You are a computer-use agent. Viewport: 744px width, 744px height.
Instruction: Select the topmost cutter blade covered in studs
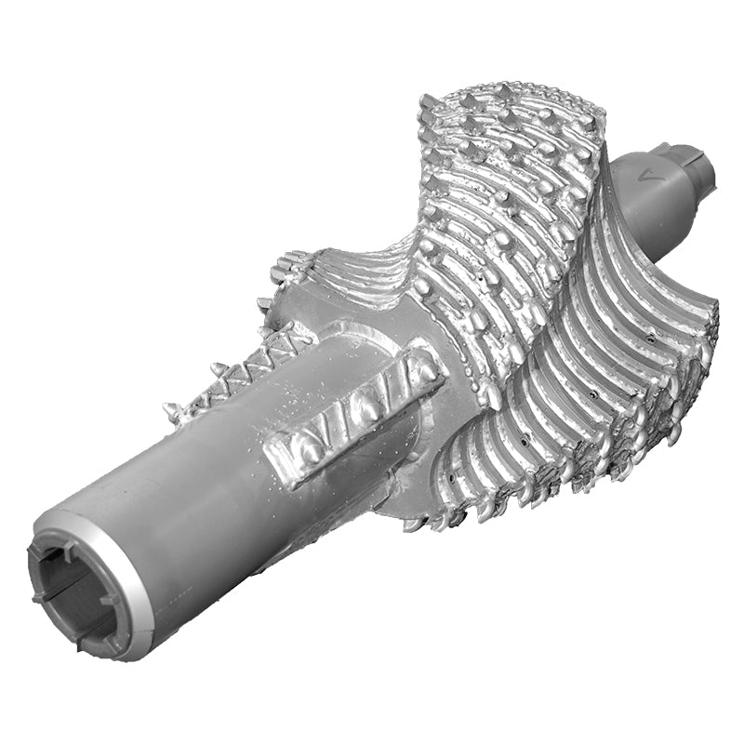[x=507, y=186]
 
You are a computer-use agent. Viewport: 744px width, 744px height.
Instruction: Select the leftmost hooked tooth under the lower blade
[x=414, y=525]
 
